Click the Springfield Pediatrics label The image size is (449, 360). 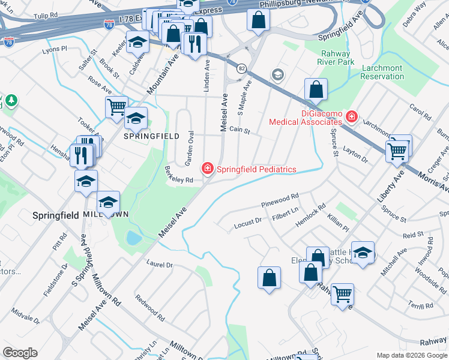click(x=256, y=169)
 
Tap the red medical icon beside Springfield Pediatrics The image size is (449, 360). click(x=208, y=169)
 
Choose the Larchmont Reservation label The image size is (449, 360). click(x=382, y=73)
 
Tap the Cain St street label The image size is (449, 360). click(x=239, y=130)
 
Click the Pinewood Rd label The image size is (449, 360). click(x=280, y=200)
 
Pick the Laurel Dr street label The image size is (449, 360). click(x=160, y=264)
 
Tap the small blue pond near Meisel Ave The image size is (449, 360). click(x=134, y=238)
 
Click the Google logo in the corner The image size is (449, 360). click(x=20, y=353)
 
